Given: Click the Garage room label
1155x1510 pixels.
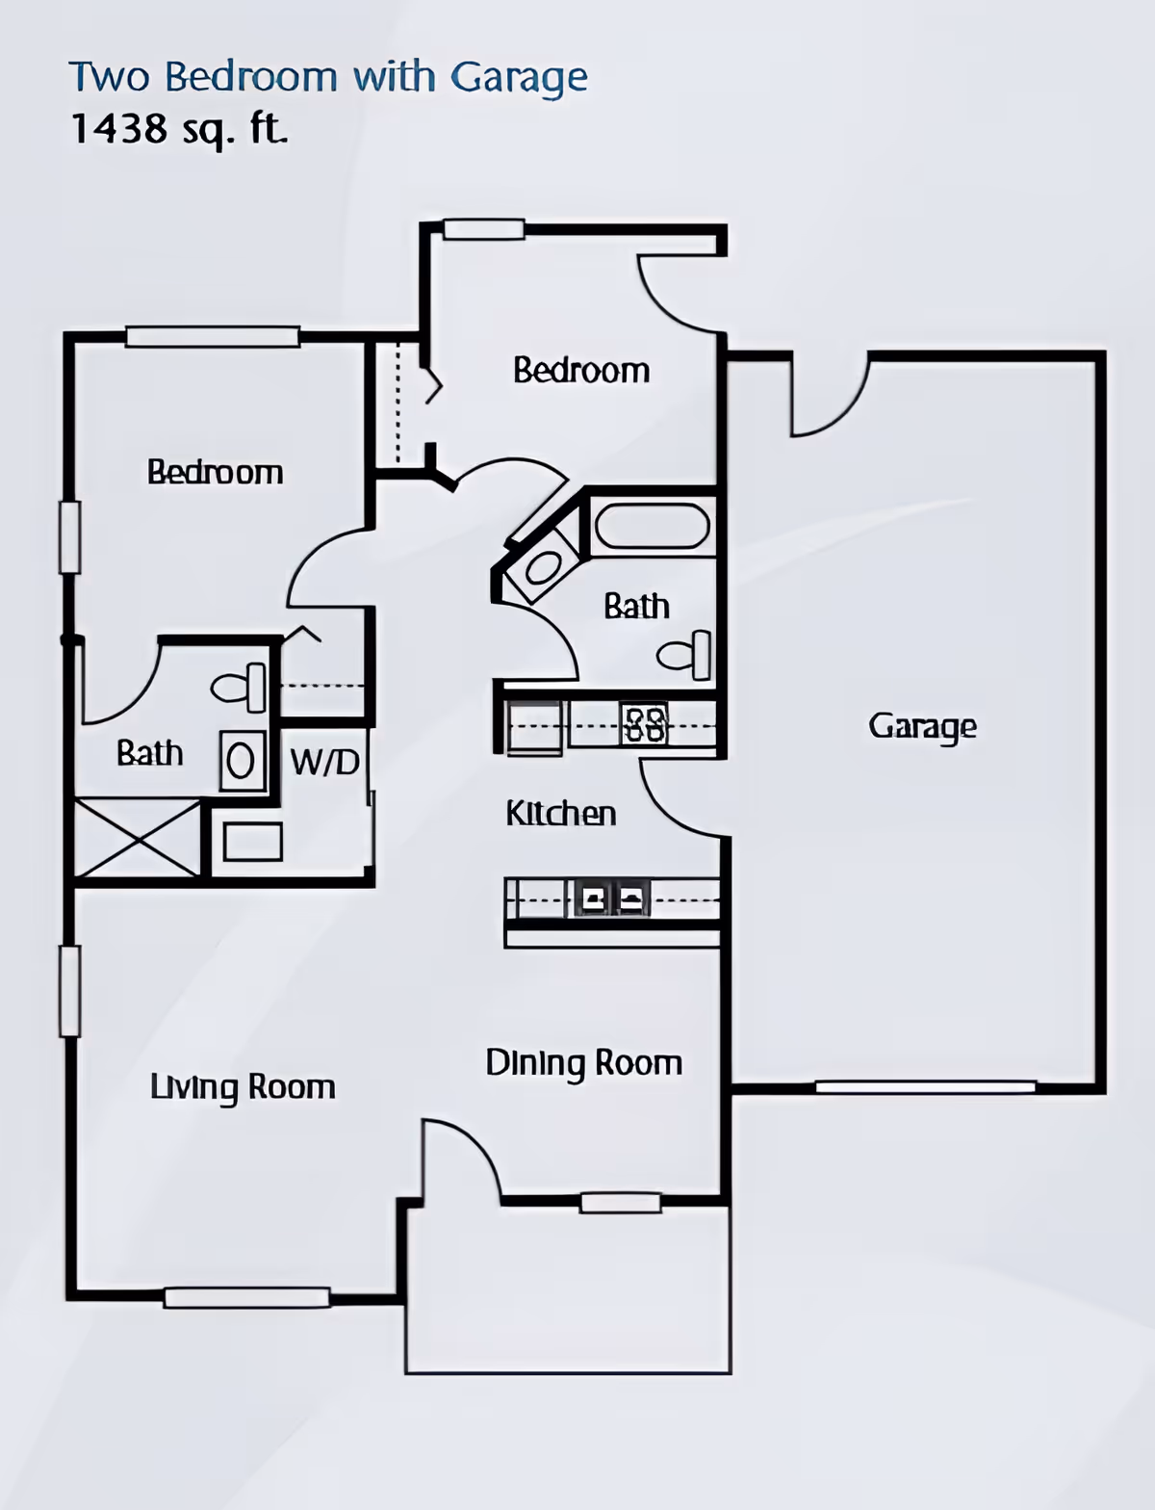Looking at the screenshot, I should click(922, 726).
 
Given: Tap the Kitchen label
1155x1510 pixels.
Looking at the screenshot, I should click(560, 814).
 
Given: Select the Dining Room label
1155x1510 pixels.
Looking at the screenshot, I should click(583, 1063).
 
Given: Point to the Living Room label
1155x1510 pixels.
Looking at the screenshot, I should click(243, 1087).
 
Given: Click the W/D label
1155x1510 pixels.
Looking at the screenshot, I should click(325, 763).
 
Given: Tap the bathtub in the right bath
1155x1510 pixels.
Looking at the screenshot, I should click(652, 527).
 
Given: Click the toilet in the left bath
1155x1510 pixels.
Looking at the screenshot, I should click(239, 688).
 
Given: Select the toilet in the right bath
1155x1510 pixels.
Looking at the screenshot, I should click(685, 656).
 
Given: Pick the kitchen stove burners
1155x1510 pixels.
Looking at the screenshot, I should click(644, 724).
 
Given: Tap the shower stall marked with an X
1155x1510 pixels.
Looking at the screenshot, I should click(138, 838).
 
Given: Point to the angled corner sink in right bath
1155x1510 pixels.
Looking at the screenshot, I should click(543, 568).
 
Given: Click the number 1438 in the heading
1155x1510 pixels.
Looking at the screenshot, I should click(119, 128).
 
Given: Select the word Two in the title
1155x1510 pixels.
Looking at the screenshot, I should click(107, 77).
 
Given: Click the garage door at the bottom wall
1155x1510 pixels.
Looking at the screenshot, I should click(925, 1087).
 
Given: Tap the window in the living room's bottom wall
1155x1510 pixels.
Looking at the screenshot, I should click(246, 1297).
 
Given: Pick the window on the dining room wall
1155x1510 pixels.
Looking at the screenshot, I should click(621, 1202).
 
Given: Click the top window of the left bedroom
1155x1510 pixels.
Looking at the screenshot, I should click(212, 337).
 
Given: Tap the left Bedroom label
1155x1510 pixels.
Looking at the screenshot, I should click(215, 472).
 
